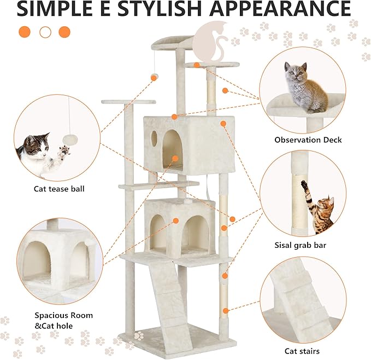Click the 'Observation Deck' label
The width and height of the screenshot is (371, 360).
[x=308, y=140]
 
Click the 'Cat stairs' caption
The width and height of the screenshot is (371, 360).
[x=302, y=351]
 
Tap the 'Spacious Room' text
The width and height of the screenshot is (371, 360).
[x=63, y=315]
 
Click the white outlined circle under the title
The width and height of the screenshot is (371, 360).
[x=45, y=32]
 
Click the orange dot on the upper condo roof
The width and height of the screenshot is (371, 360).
[x=174, y=117]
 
